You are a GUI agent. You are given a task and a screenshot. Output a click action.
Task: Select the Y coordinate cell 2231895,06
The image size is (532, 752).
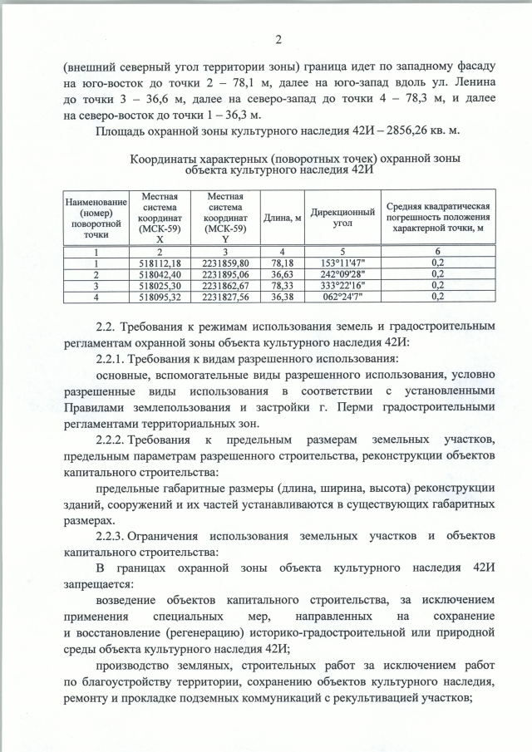tap(228, 273)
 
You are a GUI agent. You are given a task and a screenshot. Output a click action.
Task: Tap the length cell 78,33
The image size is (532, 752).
tap(283, 284)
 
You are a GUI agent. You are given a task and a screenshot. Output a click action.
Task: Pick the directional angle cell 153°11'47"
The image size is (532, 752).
tap(340, 263)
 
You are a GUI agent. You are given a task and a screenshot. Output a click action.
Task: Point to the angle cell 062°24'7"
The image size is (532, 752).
tap(340, 295)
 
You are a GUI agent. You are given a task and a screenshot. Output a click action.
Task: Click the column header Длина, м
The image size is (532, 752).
tap(283, 219)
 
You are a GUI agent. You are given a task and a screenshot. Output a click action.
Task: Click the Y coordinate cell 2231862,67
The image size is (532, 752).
tap(228, 284)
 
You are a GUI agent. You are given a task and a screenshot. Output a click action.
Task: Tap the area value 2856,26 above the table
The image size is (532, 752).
tap(399, 132)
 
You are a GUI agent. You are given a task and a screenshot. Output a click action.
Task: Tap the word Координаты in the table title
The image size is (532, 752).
tap(169, 158)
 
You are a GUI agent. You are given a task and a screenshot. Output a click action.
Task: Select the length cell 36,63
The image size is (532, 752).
tap(283, 273)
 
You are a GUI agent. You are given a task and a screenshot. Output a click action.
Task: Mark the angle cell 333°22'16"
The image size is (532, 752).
tap(340, 284)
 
